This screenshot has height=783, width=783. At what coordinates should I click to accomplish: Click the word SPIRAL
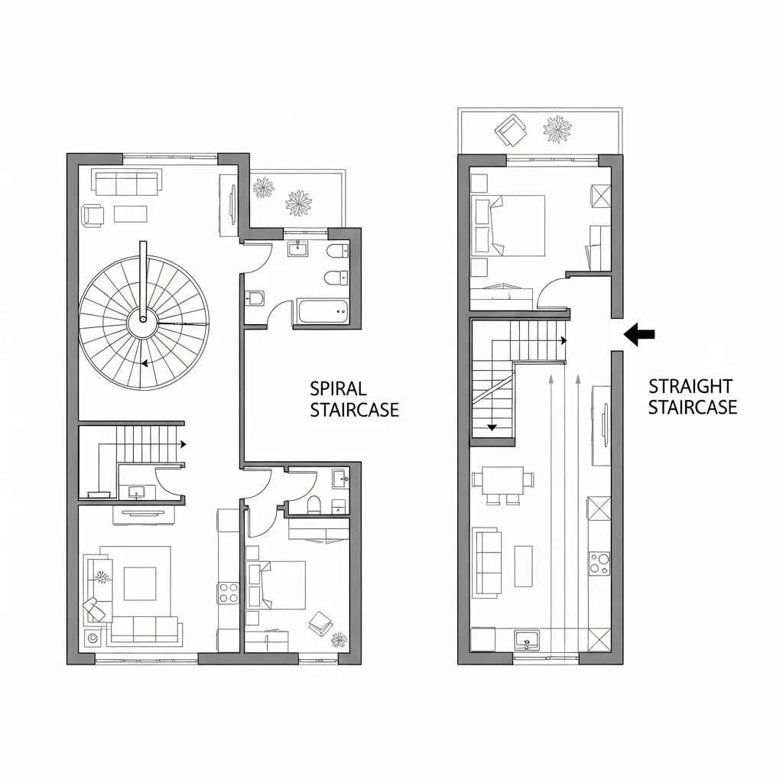(x=338, y=388)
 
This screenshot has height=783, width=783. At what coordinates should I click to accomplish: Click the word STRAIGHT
(x=690, y=386)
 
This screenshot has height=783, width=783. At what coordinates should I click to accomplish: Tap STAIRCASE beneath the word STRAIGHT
(x=693, y=407)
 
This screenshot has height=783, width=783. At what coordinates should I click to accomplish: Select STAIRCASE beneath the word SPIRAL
(x=355, y=410)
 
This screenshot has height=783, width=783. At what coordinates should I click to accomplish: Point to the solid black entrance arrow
(x=640, y=333)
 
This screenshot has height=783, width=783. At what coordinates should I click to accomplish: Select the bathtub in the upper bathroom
(x=322, y=310)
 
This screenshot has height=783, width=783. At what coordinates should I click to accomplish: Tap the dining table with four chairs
(x=502, y=483)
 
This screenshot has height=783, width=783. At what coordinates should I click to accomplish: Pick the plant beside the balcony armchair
(x=557, y=128)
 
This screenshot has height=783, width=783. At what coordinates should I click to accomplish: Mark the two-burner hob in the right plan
(x=599, y=563)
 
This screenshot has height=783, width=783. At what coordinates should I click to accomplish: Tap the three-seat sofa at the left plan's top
(x=127, y=183)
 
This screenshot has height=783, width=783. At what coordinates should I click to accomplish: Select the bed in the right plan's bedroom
(x=511, y=226)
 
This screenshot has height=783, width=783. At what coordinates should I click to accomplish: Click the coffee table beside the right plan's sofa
(x=523, y=566)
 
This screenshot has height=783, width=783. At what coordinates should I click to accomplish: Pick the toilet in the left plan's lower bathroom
(x=313, y=504)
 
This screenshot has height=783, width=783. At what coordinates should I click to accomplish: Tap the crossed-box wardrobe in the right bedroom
(x=600, y=196)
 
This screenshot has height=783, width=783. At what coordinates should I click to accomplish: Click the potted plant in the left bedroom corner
(x=338, y=639)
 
